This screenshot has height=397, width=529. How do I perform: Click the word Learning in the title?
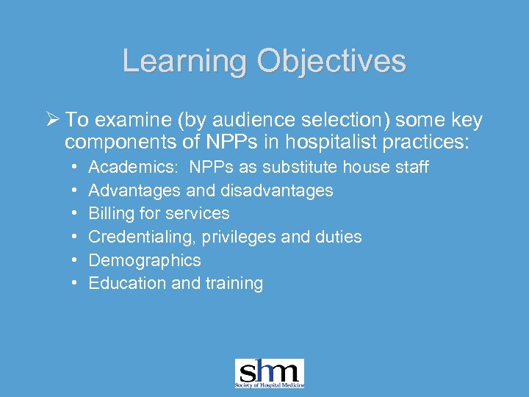tap(184, 60)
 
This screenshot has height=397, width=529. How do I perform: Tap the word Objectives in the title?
tap(330, 60)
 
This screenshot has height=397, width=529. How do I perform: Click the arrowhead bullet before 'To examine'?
tap(53, 120)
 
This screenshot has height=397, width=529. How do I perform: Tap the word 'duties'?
tap(339, 237)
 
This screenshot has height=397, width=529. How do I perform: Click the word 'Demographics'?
tap(144, 260)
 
